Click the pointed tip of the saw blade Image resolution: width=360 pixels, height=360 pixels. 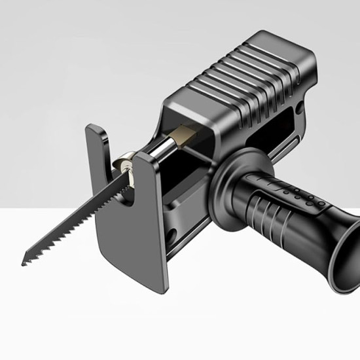click(24, 262)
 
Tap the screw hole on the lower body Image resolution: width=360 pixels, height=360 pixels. click(171, 234)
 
